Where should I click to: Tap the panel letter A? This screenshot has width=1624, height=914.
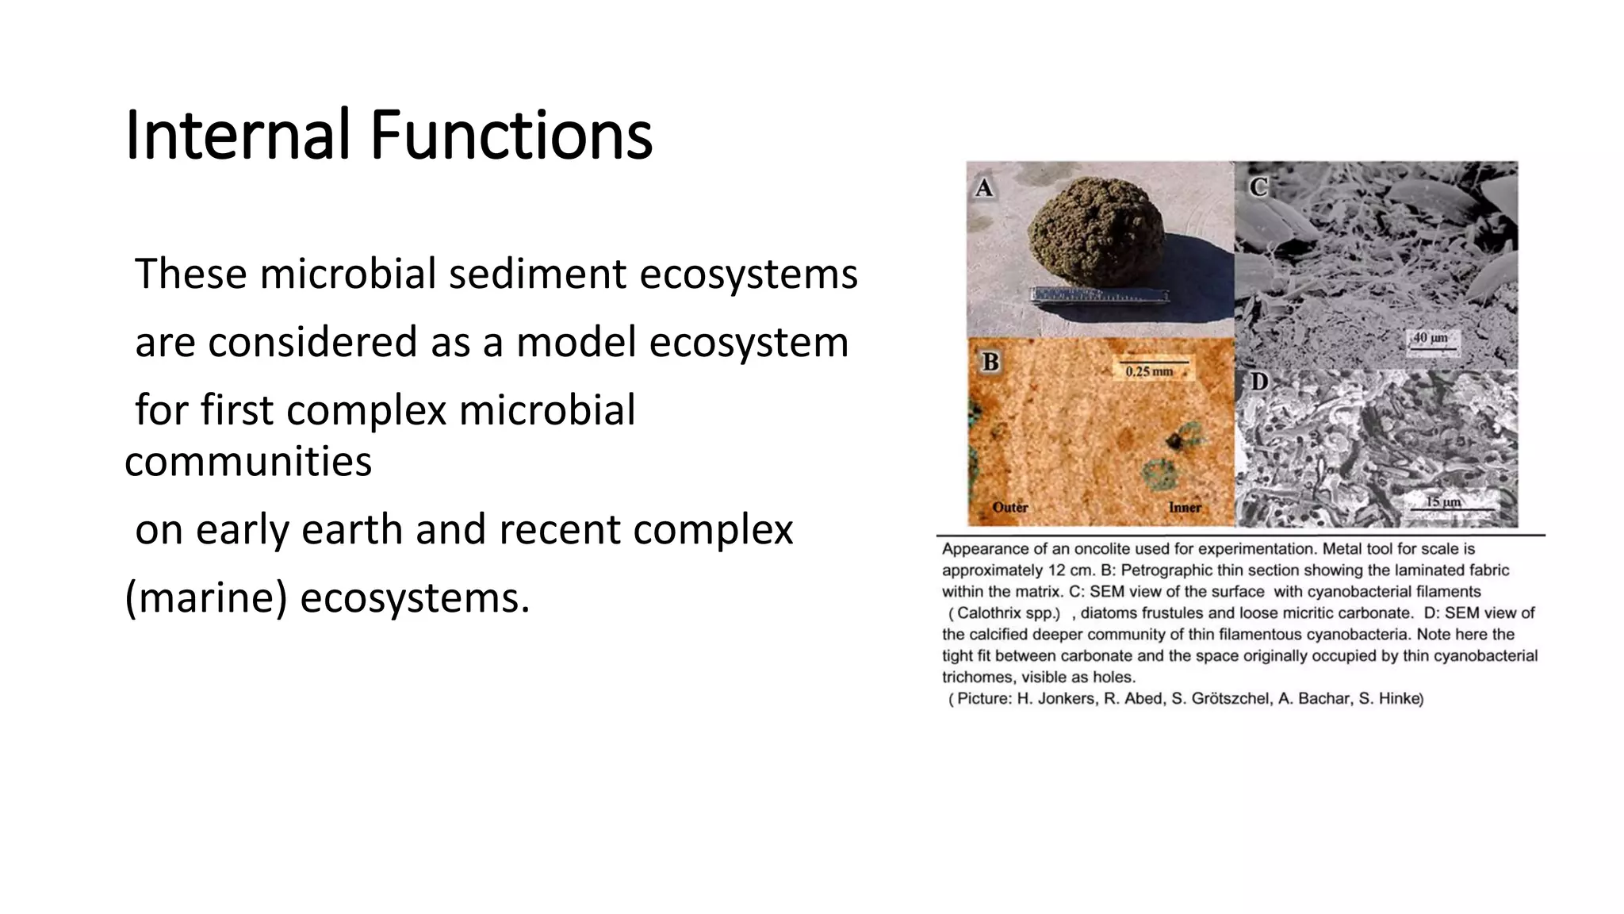[x=984, y=188]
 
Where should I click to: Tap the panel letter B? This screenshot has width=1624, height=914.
[x=990, y=363]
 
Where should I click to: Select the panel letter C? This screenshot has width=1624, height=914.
[x=1258, y=187]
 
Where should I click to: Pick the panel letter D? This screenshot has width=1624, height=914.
[x=1259, y=382]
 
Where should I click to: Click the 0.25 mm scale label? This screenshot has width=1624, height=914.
[x=1149, y=371]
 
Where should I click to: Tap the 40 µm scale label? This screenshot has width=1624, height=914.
[x=1431, y=338]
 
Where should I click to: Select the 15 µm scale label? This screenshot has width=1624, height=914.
[x=1443, y=502]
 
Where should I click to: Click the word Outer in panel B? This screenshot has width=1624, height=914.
[x=1010, y=507]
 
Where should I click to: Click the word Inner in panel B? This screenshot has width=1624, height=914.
[x=1185, y=507]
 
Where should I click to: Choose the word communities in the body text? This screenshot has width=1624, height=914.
[x=248, y=462]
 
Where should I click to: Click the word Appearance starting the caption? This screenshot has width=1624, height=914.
[x=981, y=549]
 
